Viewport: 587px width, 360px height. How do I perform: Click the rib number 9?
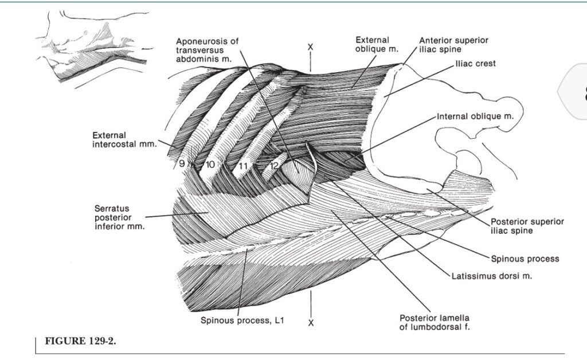point(182,163)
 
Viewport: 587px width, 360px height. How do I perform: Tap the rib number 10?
point(210,165)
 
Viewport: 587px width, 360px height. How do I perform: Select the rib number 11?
point(243,166)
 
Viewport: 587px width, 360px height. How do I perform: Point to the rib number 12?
point(275,165)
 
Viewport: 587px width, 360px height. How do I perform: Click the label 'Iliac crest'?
point(475,64)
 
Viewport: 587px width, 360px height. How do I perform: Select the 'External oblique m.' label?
point(377,45)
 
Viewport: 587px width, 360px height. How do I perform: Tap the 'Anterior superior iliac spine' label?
point(454,45)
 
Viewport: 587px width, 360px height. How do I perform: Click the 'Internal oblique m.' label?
point(475,116)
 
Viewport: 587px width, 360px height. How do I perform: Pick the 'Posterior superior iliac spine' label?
point(527,226)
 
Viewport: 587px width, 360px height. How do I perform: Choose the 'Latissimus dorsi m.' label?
point(491,276)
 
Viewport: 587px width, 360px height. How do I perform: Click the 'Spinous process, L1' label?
point(242,320)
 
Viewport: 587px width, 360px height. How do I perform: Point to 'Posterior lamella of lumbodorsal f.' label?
point(435,322)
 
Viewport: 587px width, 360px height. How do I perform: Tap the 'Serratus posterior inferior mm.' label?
point(119,217)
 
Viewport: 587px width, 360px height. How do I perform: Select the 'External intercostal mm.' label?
point(124,139)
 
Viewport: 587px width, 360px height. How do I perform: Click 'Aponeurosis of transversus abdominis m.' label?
point(207,50)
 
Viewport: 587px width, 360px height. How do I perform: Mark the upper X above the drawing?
point(310,47)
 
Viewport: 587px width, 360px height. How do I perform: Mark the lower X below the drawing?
point(311,323)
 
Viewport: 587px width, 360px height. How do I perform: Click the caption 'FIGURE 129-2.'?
point(80,341)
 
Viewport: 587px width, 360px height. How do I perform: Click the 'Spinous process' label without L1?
point(525,259)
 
